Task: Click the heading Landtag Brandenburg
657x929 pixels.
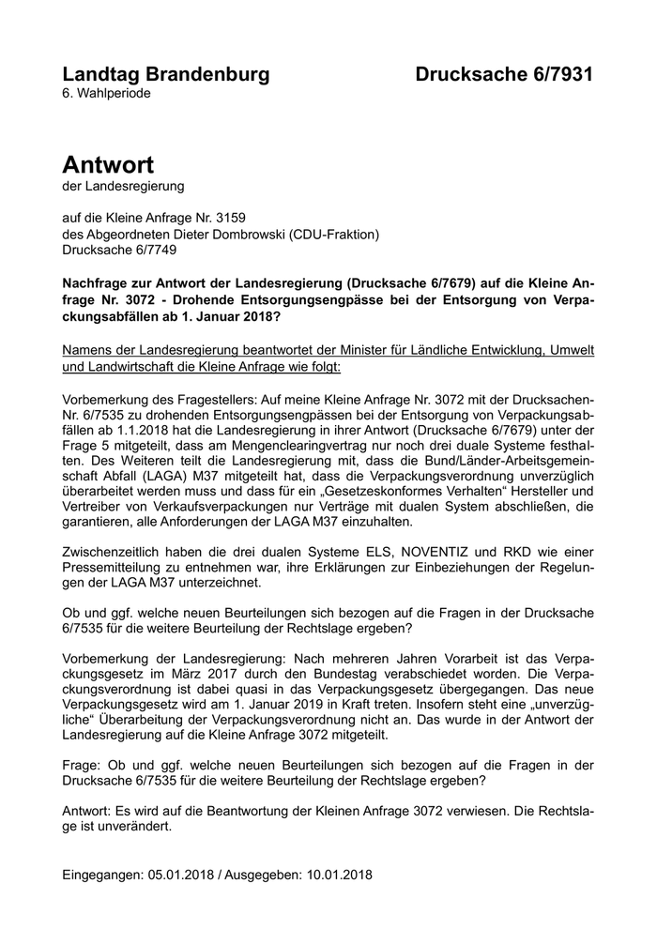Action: pyautogui.click(x=165, y=75)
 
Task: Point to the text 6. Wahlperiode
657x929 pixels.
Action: pyautogui.click(x=106, y=94)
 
